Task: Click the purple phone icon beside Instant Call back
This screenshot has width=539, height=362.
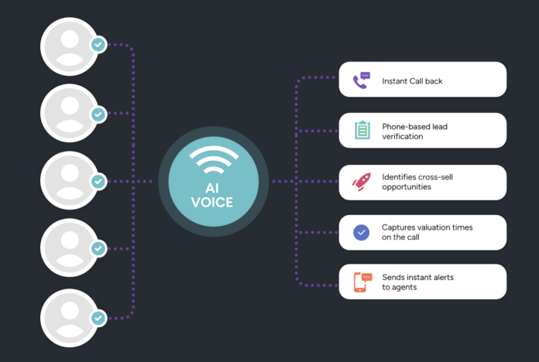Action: coord(361,80)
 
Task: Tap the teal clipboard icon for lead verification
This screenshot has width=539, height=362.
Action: coord(362,130)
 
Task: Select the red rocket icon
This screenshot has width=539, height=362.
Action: coord(362,182)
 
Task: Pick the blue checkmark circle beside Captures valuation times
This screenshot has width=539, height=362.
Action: coord(362,232)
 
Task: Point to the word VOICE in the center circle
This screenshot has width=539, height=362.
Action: coord(213,203)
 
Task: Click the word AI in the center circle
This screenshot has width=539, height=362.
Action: coord(213,188)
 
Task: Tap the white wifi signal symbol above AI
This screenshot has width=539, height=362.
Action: coord(213,161)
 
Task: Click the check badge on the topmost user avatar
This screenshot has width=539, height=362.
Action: coord(98,45)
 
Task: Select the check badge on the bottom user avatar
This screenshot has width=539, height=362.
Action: coord(98,317)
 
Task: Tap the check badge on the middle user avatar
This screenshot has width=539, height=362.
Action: coord(98,181)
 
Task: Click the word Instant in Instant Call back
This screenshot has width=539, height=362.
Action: coord(397,80)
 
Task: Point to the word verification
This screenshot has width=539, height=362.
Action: coord(403,136)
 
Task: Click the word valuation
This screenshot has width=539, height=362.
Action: coord(438,227)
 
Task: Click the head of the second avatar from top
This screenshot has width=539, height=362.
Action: coord(69,104)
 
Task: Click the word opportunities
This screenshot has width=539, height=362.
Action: coord(407,187)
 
